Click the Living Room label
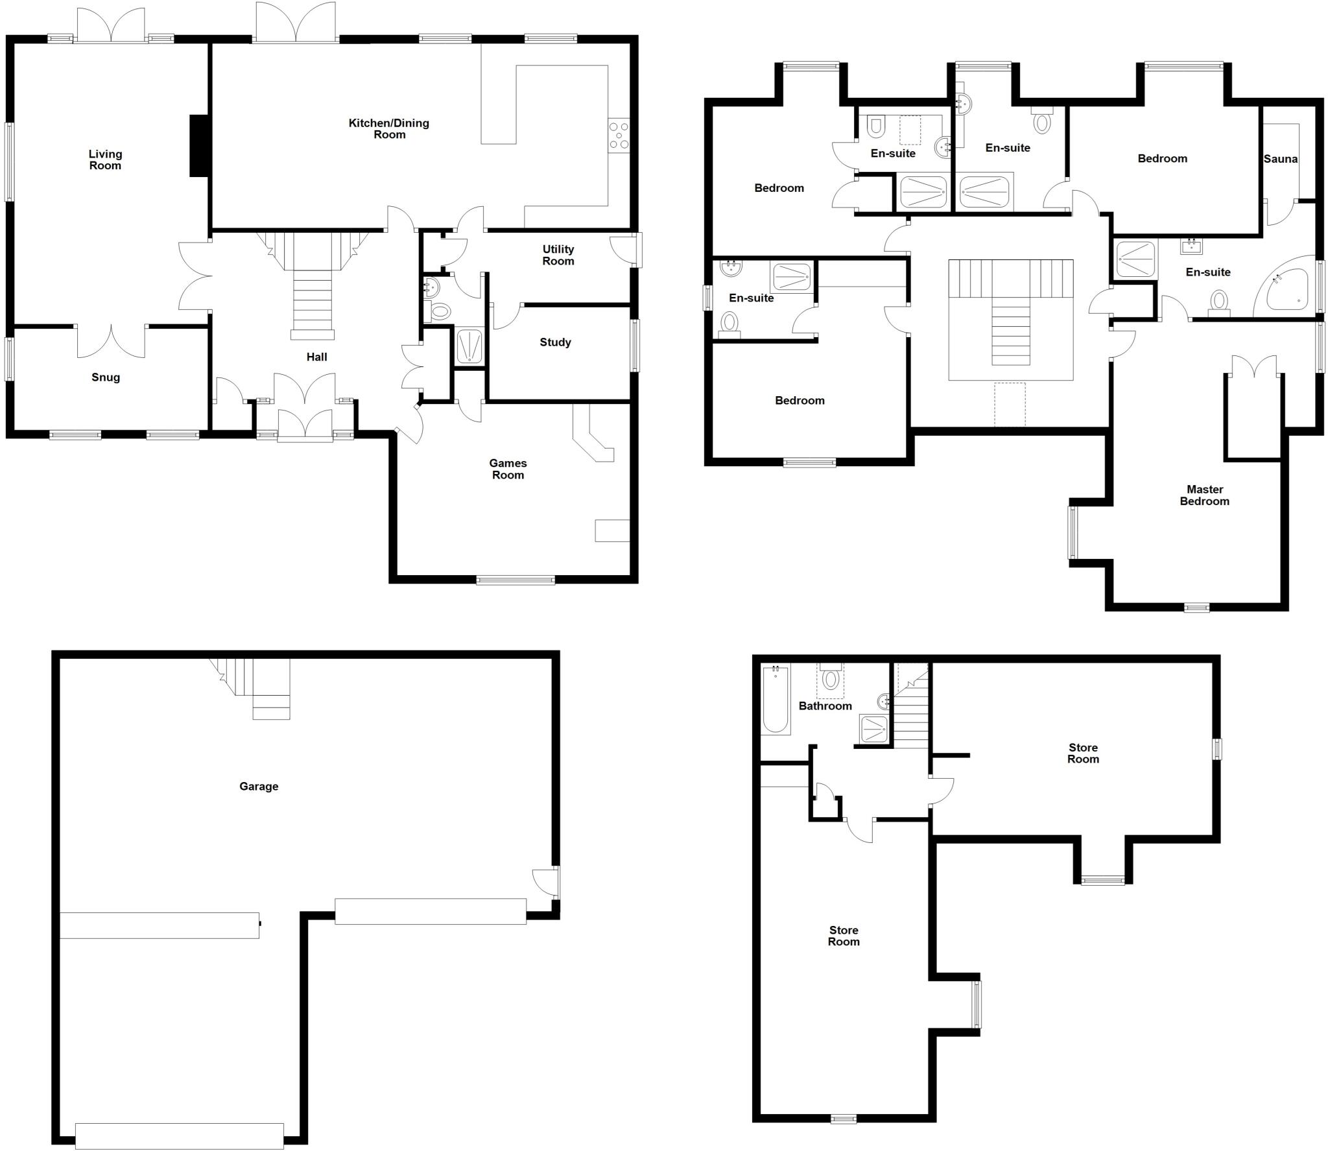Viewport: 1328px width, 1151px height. (105, 160)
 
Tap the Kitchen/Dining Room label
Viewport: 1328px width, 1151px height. (389, 128)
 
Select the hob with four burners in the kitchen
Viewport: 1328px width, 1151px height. (619, 136)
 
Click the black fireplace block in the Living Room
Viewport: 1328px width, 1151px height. (198, 145)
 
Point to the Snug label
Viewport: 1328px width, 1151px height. (106, 377)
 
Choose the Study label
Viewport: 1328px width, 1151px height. (555, 342)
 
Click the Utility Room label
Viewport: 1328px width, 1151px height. (558, 255)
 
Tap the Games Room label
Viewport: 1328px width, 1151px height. (508, 469)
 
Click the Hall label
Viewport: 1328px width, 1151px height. (316, 357)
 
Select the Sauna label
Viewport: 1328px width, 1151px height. (1280, 159)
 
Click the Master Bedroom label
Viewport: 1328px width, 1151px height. (1204, 495)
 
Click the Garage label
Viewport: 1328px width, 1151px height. (259, 787)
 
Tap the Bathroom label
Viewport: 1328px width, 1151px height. (825, 706)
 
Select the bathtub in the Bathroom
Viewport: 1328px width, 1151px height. (776, 699)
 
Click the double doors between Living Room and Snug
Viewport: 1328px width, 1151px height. (111, 340)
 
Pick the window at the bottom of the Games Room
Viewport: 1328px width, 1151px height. (516, 580)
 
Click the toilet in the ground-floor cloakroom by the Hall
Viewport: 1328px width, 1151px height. (440, 312)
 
